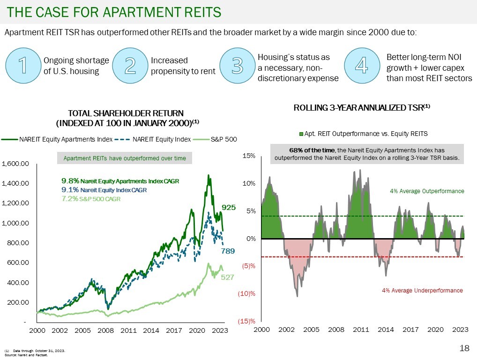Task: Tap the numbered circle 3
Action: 238,66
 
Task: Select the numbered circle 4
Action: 361,66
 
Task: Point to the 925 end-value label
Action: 228,207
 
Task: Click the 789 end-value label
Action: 228,252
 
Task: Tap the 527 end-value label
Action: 228,277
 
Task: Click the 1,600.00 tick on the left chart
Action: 16,164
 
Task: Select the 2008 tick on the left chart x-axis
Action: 106,330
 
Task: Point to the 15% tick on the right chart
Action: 248,155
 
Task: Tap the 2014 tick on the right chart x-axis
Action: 386,330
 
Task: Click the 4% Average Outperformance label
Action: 427,191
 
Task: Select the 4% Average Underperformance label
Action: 422,291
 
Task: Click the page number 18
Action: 464,348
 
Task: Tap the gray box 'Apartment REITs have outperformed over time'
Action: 125,158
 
